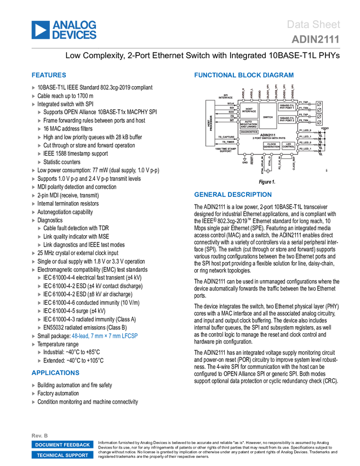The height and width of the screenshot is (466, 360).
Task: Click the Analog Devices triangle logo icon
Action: [40, 30]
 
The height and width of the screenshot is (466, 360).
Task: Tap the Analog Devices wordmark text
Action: [75, 30]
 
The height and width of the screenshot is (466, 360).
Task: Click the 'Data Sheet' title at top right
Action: [314, 24]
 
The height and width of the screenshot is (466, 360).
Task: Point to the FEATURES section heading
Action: [49, 75]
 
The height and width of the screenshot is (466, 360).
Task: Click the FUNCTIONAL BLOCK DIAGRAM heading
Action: [244, 75]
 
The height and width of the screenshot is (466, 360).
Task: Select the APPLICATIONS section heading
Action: [55, 373]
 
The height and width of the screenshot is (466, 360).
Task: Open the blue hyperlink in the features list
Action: [105, 336]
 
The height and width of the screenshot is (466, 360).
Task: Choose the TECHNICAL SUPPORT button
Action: [62, 455]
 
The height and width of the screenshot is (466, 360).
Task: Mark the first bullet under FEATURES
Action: [33, 87]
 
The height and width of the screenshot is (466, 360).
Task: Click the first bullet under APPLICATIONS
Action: [33, 385]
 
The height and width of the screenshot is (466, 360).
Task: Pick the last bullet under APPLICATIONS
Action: [33, 402]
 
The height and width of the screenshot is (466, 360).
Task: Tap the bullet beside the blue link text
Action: [33, 336]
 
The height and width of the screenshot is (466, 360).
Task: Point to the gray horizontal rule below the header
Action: [186, 48]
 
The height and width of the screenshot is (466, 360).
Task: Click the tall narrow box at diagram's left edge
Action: [208, 123]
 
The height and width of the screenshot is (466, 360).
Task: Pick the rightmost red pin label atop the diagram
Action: [293, 89]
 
